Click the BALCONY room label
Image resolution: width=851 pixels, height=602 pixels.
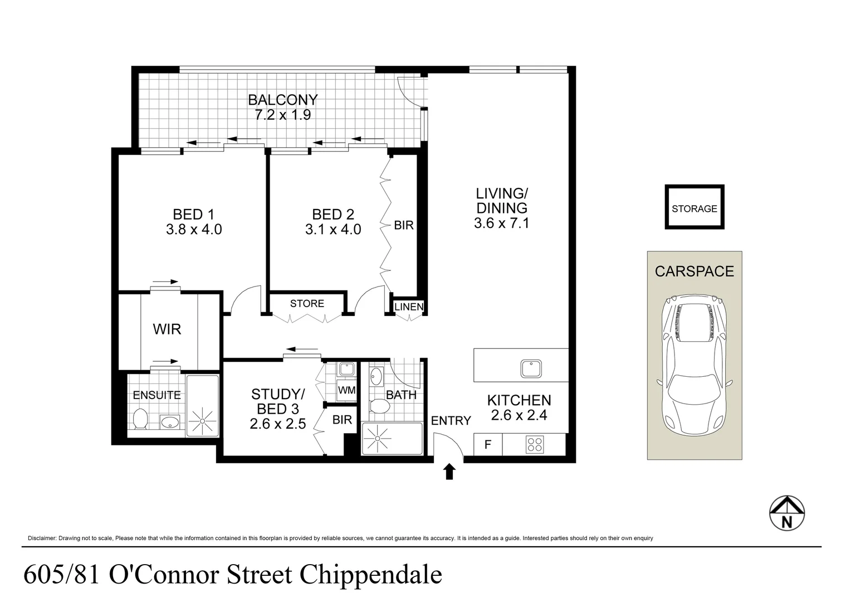click(283, 100)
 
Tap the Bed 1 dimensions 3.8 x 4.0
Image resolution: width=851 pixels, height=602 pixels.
click(194, 229)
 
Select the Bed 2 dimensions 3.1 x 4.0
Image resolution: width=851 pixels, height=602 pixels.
click(333, 229)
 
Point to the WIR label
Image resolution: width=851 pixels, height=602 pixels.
click(167, 329)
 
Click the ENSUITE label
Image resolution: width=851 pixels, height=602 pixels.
click(156, 396)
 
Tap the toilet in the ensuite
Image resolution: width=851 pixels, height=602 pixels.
click(140, 419)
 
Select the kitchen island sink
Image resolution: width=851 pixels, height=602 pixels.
click(531, 368)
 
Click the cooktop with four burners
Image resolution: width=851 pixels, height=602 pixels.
click(535, 444)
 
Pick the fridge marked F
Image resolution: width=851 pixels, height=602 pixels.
click(488, 444)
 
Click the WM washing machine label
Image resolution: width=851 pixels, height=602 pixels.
click(346, 390)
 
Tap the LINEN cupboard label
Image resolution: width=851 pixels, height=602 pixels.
click(409, 307)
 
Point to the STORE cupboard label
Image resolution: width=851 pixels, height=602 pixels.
click(307, 303)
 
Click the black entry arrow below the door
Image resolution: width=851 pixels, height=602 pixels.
click(449, 472)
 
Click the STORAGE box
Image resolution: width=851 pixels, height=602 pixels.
click(695, 207)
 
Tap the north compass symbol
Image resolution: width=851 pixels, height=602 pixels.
click(787, 513)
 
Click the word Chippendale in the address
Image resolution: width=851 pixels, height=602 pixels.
click(371, 575)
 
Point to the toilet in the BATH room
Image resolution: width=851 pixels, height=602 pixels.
click(380, 406)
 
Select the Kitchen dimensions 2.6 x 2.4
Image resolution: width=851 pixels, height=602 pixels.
click(519, 415)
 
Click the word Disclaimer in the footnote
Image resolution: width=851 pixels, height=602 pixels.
click(42, 538)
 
